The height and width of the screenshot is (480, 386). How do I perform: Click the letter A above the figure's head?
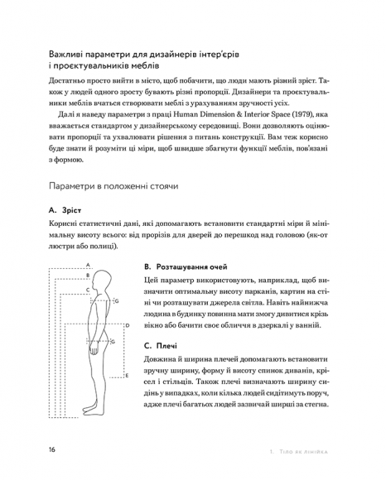coord(88,265)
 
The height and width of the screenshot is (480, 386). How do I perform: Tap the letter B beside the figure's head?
coord(88,276)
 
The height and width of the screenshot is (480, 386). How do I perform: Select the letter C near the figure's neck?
coord(88,290)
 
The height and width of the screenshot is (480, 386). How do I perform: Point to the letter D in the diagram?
coord(128,325)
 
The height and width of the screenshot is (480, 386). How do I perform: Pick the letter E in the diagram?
coord(127,375)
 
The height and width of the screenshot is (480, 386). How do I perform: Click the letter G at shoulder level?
coord(117,301)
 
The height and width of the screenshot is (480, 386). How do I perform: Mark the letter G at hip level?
coord(113,341)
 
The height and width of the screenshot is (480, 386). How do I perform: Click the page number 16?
coord(52,449)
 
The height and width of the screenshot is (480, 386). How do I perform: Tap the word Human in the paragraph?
coord(185,114)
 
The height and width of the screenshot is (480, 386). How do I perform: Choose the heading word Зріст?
coord(71,210)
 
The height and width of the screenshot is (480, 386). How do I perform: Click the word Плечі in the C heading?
coord(166,346)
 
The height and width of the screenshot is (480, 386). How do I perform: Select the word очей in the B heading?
coord(218,267)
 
